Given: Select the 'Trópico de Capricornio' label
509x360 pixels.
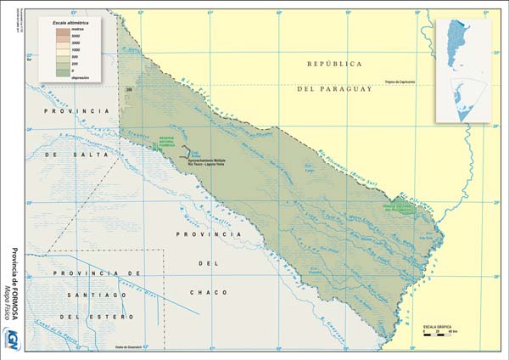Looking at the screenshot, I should tap(408, 82).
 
